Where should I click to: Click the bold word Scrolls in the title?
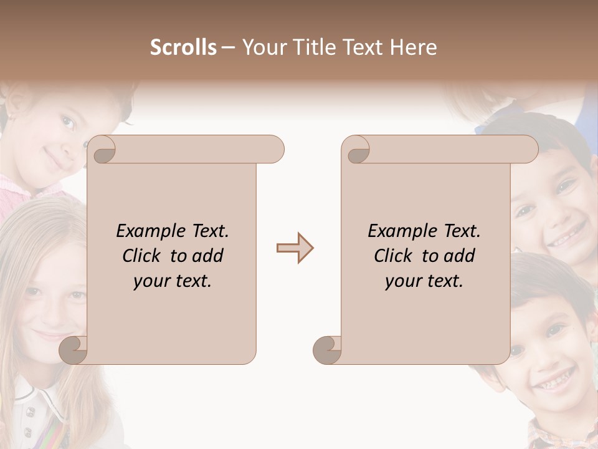point(183,47)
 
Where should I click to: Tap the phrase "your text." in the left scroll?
point(173,281)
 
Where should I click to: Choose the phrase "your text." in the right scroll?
point(424,281)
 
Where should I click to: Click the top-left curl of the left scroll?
point(102,150)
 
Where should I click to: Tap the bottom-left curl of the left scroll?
point(74,349)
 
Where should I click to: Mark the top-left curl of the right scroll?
point(356,150)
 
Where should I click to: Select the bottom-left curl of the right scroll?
point(328,349)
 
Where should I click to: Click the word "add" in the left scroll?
point(208,256)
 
